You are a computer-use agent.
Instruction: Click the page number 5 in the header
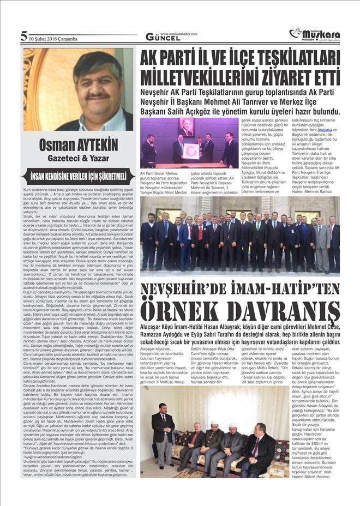pyautogui.click(x=24, y=37)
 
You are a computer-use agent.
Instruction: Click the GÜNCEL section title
pyautogui.click(x=159, y=37)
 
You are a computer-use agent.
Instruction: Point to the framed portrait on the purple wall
pyautogui.click(x=187, y=127)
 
